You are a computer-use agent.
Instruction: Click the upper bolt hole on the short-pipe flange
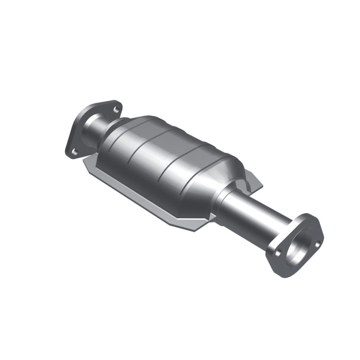click(116, 109)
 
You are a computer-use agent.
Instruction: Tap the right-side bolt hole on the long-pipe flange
click(318, 244)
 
